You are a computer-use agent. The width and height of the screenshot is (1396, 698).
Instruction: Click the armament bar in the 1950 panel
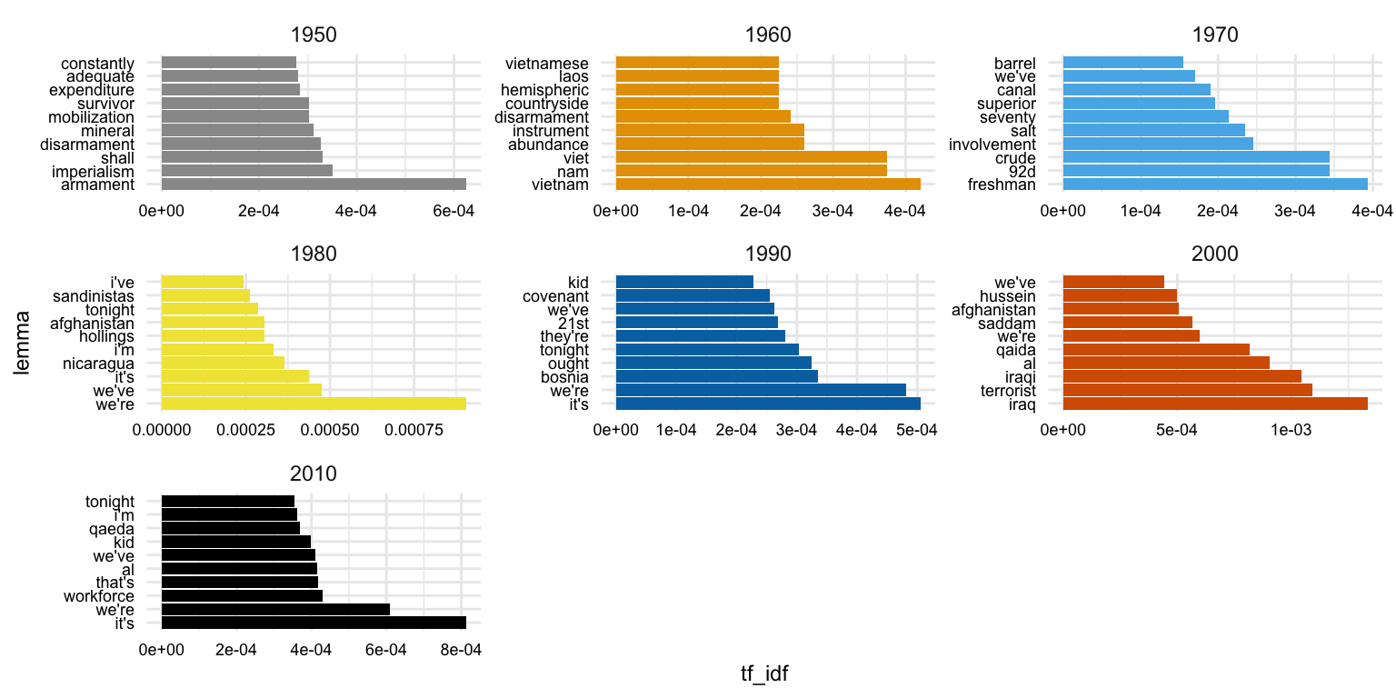pos(314,184)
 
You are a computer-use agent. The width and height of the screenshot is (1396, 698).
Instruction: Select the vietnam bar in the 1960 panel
pos(768,184)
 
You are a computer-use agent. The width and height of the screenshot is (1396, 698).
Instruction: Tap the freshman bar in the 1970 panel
pos(1214,184)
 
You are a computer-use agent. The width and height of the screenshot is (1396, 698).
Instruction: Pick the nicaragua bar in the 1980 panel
pos(223,363)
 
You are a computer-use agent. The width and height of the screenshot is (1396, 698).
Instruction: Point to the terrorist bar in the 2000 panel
pos(1187,390)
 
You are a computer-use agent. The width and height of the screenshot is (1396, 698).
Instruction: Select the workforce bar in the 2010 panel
pos(242,596)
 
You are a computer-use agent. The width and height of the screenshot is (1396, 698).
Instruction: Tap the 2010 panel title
pos(314,474)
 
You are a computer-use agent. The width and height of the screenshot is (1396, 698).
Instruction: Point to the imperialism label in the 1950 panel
pos(92,171)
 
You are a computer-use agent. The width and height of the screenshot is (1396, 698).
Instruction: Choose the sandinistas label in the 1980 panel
pos(94,295)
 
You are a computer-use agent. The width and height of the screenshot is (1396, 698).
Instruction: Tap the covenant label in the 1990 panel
pos(555,295)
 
